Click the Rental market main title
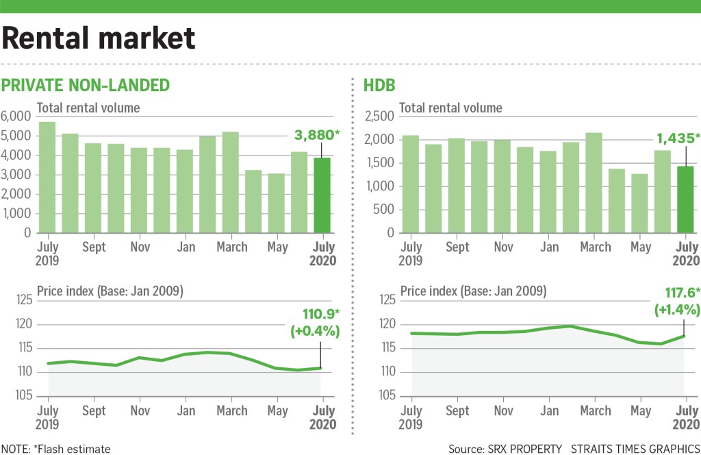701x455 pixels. point(99,38)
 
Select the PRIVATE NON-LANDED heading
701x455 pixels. point(86,85)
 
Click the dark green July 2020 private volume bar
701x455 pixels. point(321,195)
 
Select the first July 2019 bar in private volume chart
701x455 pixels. point(47,177)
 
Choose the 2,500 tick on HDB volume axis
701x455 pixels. point(381,116)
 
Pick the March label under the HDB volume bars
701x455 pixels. point(595,247)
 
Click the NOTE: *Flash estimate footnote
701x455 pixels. point(55,449)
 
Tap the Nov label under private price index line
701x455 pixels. point(140,410)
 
